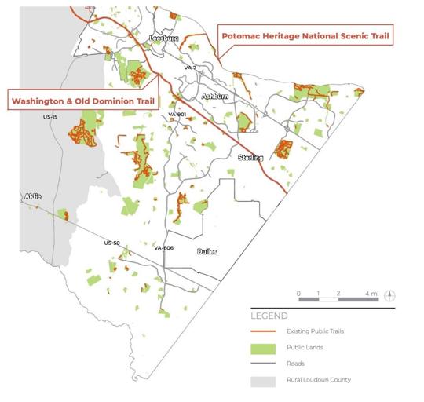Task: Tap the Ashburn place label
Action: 214,96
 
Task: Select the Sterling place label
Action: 250,158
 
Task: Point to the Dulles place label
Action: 207,251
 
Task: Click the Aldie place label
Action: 32,196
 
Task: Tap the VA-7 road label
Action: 189,68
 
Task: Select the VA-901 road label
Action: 177,115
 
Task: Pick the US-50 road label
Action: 111,243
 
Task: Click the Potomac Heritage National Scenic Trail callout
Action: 306,36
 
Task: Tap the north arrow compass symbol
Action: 390,296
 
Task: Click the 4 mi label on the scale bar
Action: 372,293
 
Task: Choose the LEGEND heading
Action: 269,316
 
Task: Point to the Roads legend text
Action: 296,364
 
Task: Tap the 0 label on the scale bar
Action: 298,293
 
